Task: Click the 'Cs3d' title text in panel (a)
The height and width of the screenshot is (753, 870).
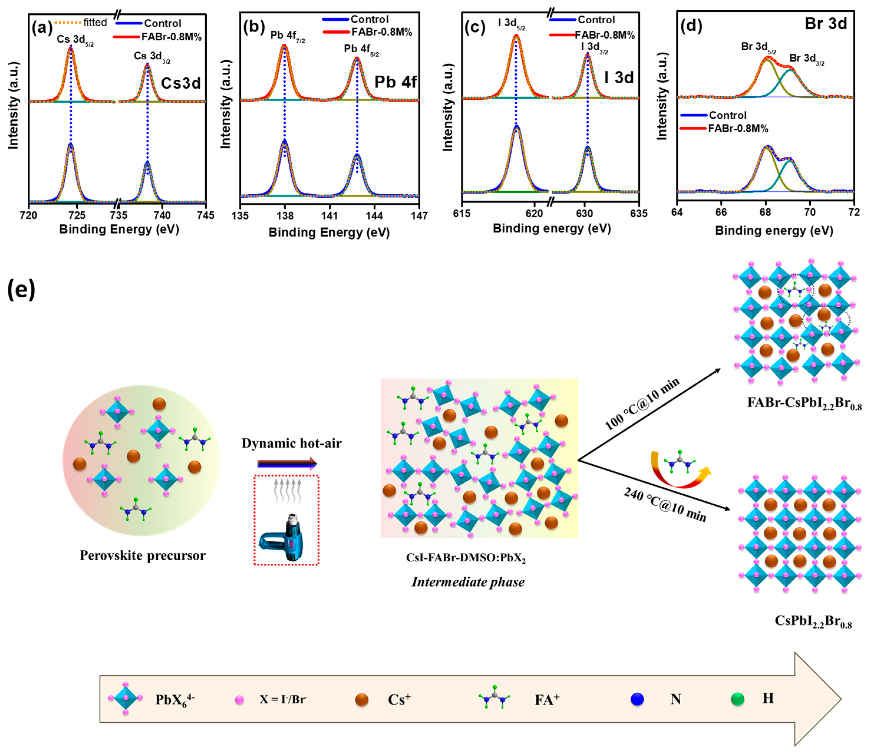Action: [181, 83]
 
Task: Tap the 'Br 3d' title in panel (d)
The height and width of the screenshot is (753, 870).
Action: [826, 24]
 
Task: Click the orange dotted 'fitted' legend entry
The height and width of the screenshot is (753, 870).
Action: [81, 22]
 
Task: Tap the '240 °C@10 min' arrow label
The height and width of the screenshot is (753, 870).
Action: [664, 505]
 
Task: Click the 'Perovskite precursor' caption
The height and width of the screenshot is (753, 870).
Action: [143, 555]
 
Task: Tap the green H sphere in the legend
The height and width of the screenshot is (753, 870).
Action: [737, 699]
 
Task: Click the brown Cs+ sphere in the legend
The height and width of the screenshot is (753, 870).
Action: [361, 700]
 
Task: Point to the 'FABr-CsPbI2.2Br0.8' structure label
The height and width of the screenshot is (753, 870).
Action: [804, 403]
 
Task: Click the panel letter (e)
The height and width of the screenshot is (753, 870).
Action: [21, 290]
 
